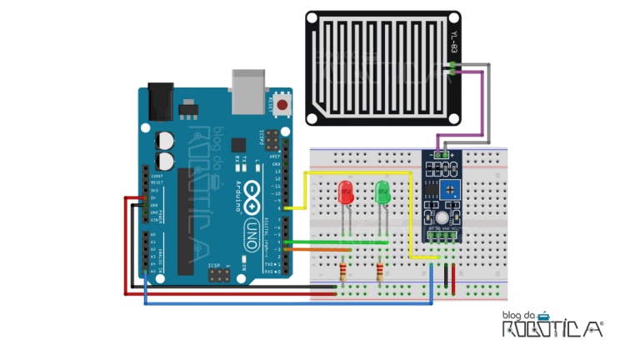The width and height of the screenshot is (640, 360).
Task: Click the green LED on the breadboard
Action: click(382, 192)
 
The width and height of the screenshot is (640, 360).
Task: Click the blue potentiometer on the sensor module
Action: click(450, 190)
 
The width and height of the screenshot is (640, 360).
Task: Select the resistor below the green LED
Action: click(381, 272)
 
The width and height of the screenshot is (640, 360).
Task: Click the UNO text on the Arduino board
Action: click(251, 236)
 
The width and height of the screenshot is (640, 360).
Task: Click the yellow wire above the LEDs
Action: click(358, 172)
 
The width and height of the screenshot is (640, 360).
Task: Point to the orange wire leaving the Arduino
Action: click(321, 249)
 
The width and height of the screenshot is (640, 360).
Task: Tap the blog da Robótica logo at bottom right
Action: click(552, 325)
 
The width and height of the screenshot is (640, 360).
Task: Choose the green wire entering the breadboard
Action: click(333, 242)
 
